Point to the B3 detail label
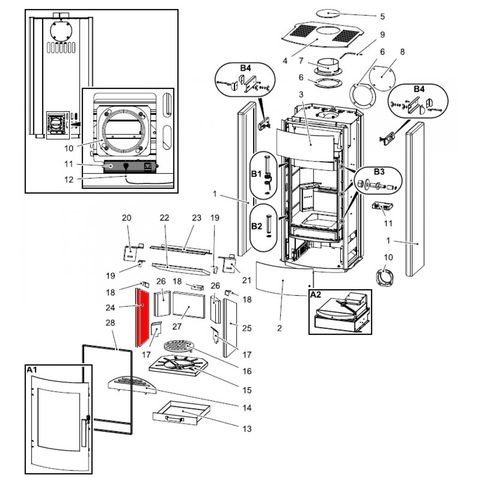(x=379, y=171)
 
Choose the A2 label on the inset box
(x=316, y=295)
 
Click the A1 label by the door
(x=32, y=369)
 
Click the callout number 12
(x=69, y=179)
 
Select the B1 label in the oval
(x=257, y=174)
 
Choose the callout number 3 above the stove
(x=301, y=95)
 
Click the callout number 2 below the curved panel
(x=280, y=328)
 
